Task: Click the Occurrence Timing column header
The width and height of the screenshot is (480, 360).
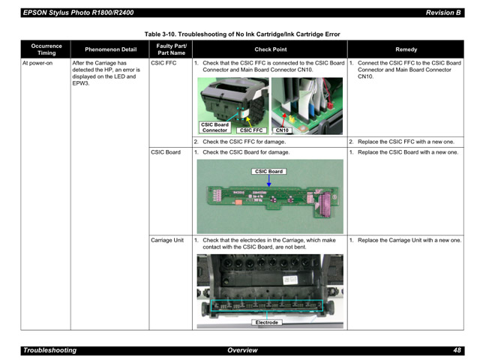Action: (x=46, y=49)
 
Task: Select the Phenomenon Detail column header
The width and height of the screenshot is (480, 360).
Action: (x=109, y=49)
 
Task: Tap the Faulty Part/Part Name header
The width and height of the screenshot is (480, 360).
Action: (x=170, y=49)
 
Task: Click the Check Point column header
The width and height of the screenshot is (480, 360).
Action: (x=269, y=49)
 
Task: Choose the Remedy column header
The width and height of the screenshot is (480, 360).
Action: (x=406, y=49)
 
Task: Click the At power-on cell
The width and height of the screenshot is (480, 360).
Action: (x=37, y=63)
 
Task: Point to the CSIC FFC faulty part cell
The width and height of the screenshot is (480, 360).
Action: (x=163, y=63)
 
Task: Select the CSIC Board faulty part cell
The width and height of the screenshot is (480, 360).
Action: (x=166, y=152)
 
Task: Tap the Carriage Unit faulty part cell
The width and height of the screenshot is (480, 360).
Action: (x=167, y=241)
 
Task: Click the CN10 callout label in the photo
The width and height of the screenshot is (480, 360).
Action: (x=282, y=130)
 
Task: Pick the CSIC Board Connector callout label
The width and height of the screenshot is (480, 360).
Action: (x=214, y=127)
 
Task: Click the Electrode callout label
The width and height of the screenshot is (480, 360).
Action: (x=267, y=322)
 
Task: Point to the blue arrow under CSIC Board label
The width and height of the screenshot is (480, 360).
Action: (x=268, y=181)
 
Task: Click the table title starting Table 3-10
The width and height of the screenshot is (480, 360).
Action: (x=242, y=34)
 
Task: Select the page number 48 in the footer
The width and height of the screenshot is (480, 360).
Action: (x=457, y=350)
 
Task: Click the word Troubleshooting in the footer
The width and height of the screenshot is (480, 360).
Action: (x=49, y=350)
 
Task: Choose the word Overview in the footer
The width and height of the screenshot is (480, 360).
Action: (x=241, y=350)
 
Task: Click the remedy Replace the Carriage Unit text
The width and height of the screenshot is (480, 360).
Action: (x=409, y=241)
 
